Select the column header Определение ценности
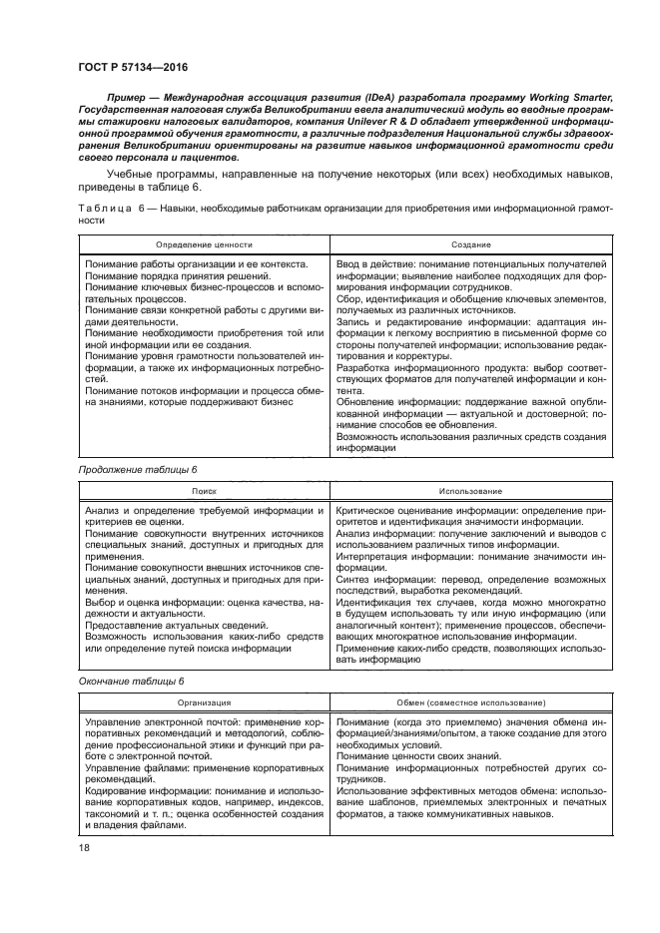[204, 243]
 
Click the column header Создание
[468, 243]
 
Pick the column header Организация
[204, 703]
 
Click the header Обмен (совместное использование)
[468, 703]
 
